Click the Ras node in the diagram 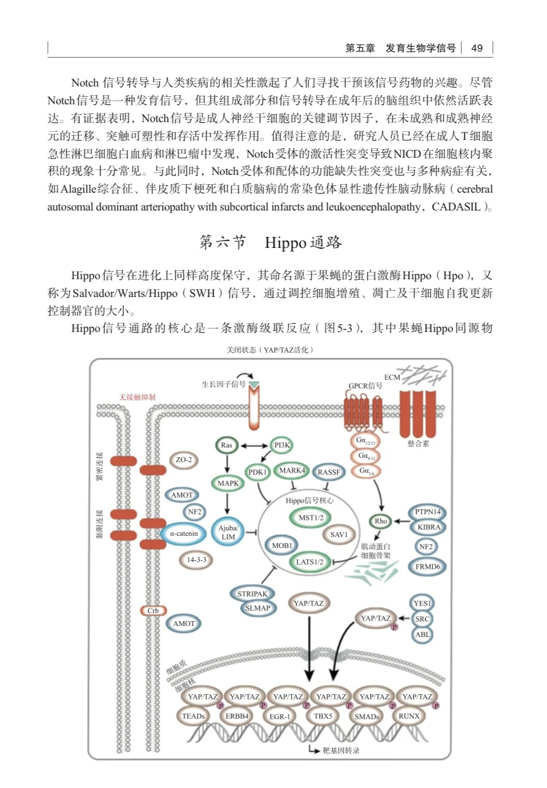click(226, 445)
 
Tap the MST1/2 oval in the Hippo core click(310, 517)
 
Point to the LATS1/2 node click(309, 561)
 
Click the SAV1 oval click(339, 535)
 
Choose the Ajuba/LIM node click(228, 533)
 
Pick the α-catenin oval click(184, 533)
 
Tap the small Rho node click(380, 521)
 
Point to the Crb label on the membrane click(153, 611)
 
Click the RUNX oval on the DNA click(409, 716)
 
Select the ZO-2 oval click(183, 460)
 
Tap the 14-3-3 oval click(196, 559)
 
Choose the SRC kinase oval click(422, 619)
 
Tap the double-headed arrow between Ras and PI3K click(254, 445)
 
